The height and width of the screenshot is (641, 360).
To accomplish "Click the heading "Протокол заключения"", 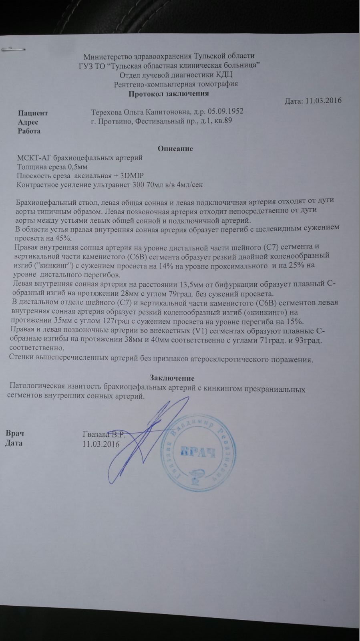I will point(169,94).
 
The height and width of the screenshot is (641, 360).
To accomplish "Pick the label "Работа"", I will point(29,131).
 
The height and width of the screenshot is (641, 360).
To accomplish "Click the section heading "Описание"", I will point(175,149).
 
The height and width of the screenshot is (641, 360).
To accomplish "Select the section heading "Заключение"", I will point(172,378).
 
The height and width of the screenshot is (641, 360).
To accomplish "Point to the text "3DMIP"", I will point(133,175).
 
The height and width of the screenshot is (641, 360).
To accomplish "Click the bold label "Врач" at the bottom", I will point(15,433).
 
